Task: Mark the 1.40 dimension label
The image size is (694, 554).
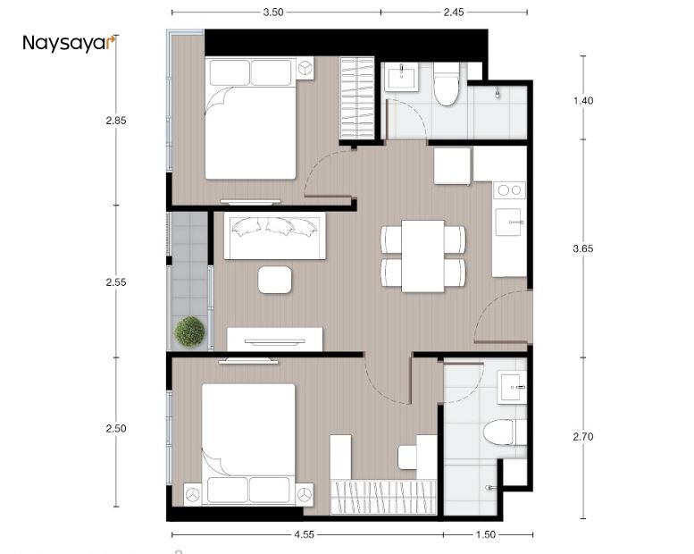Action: coord(582,100)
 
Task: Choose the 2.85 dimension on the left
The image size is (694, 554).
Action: coord(116,122)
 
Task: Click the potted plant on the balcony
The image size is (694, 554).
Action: coord(190,332)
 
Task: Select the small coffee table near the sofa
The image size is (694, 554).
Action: coord(274,280)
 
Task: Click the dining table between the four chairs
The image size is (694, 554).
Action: coord(422,256)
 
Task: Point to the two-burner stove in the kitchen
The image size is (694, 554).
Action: coord(509,189)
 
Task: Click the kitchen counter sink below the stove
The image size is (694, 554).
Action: coord(508,220)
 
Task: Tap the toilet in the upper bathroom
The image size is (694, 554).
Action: coord(446,87)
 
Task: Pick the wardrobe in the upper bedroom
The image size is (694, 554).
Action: coord(357,97)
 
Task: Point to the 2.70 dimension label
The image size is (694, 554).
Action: coord(582,437)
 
